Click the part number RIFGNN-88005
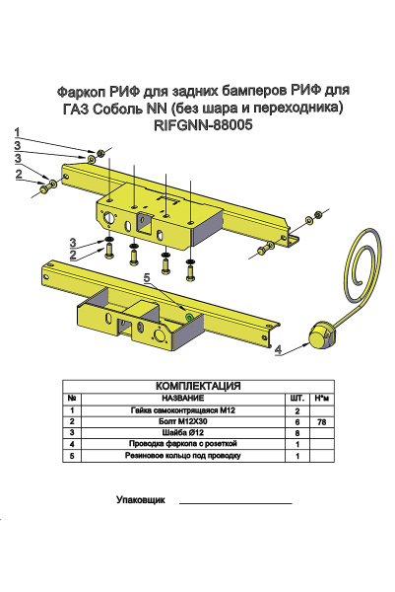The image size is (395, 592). tap(205, 125)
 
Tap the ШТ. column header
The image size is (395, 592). tap(296, 398)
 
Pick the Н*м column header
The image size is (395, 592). tap(321, 398)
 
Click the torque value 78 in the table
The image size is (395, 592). tap(321, 421)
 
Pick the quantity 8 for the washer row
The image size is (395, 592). tap(296, 433)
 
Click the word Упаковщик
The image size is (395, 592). tap(141, 501)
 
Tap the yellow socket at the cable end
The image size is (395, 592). tap(321, 335)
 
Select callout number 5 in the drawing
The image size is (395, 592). tap(148, 279)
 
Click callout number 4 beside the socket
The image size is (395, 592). tap(278, 349)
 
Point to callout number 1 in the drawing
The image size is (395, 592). tap(17, 131)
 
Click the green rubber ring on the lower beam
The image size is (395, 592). tap(188, 318)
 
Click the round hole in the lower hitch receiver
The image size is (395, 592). tap(157, 336)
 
